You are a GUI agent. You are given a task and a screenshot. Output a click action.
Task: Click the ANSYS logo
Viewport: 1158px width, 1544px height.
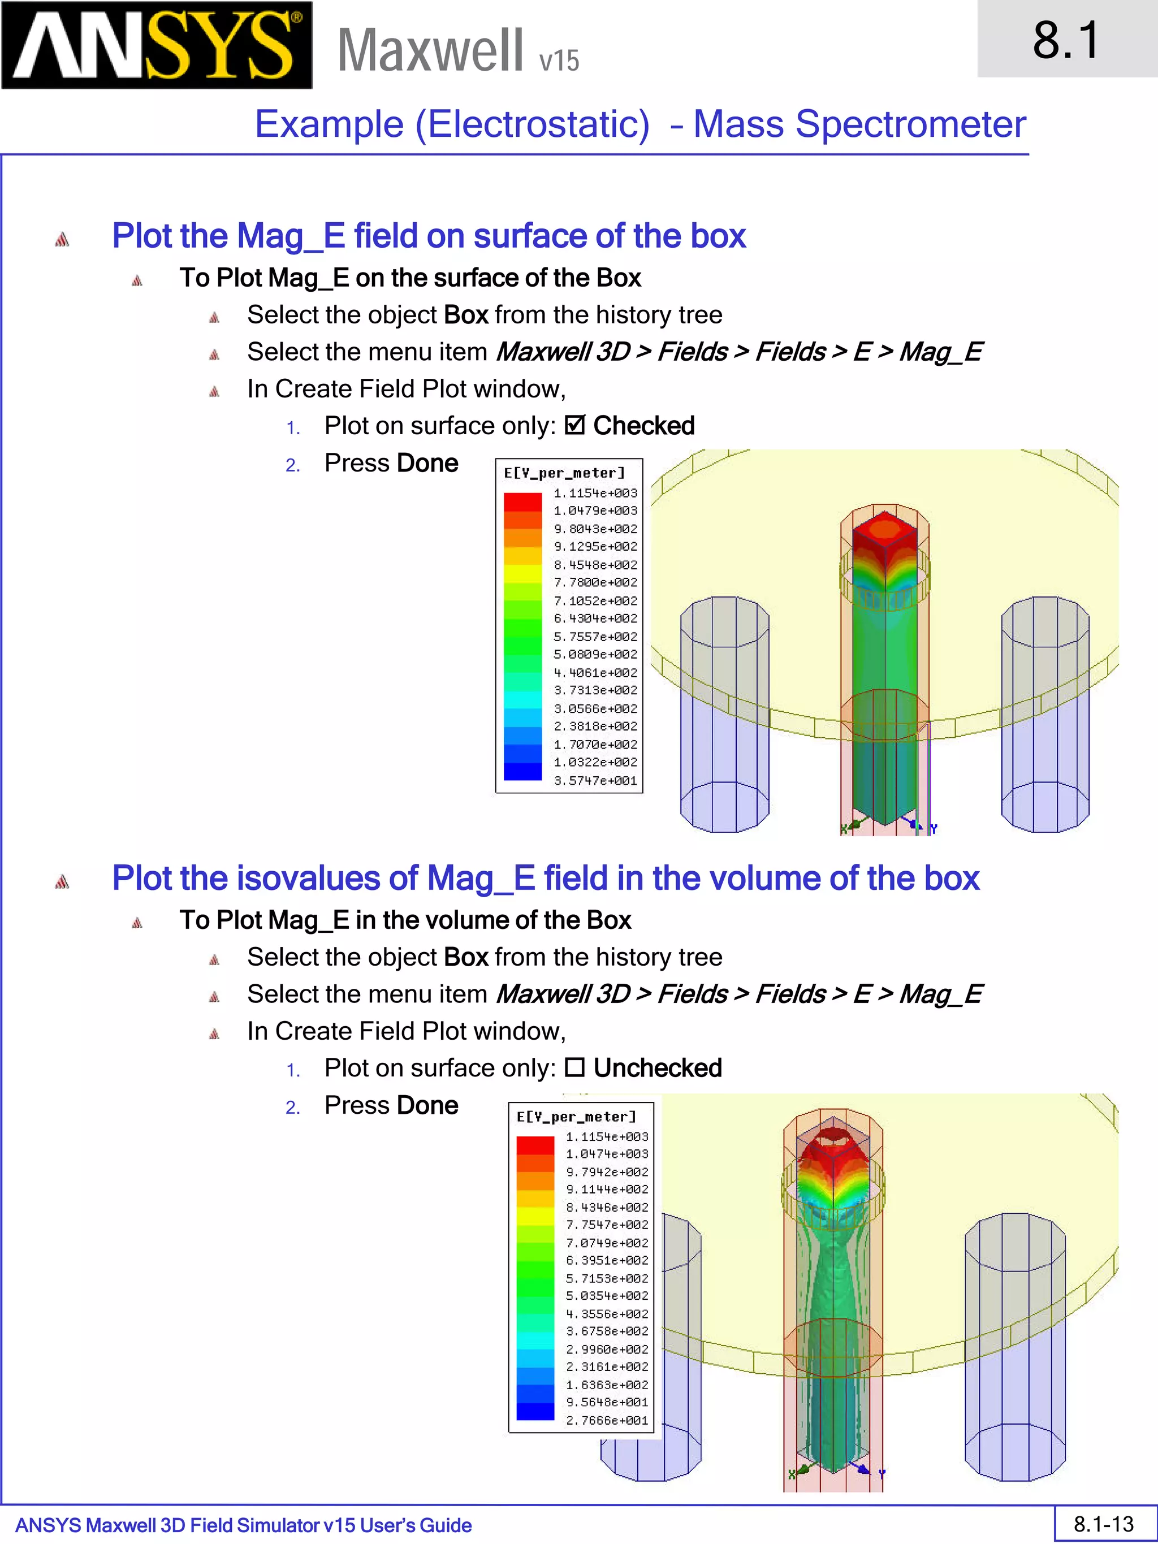(157, 45)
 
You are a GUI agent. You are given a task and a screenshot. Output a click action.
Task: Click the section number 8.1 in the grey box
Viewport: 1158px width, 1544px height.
(1065, 41)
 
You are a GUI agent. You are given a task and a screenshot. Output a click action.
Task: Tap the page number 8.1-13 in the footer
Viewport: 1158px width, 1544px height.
(1104, 1524)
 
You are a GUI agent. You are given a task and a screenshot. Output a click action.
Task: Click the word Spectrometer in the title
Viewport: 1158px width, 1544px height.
(910, 124)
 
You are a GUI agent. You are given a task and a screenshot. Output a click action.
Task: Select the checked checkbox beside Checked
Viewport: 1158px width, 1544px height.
(574, 425)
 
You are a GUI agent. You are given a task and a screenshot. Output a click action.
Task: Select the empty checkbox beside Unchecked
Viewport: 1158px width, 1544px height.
(574, 1067)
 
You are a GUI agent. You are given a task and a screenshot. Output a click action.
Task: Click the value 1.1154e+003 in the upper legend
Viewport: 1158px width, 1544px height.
(595, 493)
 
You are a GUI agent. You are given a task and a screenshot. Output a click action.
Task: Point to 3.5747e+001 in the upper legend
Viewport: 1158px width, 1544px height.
(595, 780)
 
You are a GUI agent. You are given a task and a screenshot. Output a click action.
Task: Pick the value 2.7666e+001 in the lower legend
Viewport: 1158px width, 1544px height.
(607, 1420)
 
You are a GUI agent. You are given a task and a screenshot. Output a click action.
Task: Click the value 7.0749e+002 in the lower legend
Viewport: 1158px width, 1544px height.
(607, 1243)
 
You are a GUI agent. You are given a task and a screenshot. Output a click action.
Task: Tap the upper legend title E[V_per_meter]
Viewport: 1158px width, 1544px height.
(564, 473)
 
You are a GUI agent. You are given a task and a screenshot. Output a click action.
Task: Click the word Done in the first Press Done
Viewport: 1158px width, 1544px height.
(427, 463)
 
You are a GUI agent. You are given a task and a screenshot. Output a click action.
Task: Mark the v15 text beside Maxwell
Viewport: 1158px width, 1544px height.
(559, 60)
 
